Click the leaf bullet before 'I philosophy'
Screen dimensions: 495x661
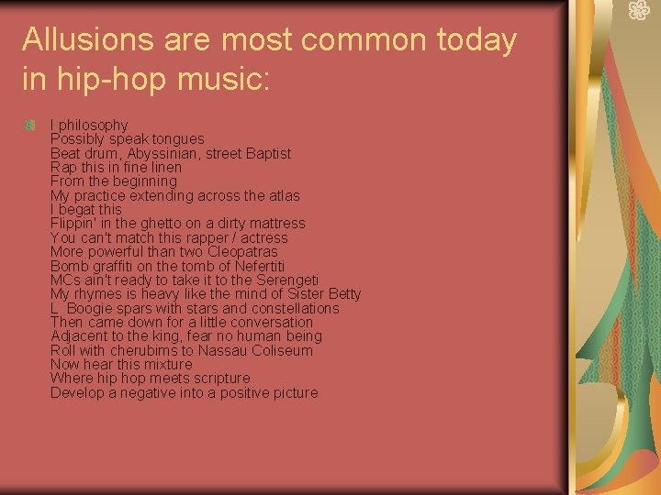[30, 125]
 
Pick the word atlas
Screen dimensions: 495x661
[281, 195]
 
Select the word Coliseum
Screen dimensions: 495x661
[281, 350]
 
